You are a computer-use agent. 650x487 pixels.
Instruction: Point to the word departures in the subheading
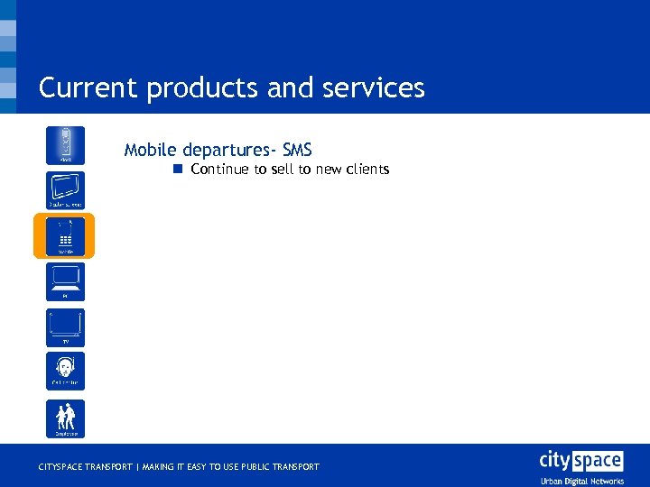point(227,150)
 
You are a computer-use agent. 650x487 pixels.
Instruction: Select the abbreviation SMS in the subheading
point(297,150)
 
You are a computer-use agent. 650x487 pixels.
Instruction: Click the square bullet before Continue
point(179,169)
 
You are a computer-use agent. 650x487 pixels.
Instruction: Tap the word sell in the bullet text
point(283,170)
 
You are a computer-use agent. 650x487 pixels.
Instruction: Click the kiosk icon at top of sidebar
point(66,145)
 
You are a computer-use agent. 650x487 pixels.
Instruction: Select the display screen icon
point(66,190)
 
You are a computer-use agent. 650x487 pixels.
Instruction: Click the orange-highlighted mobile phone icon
point(65,236)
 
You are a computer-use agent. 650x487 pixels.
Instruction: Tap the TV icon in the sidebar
point(66,327)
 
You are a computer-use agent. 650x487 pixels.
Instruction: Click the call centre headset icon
point(66,371)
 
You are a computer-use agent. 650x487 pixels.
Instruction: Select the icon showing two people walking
point(66,418)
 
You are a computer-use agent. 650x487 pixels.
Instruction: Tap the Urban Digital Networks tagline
point(581,481)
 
